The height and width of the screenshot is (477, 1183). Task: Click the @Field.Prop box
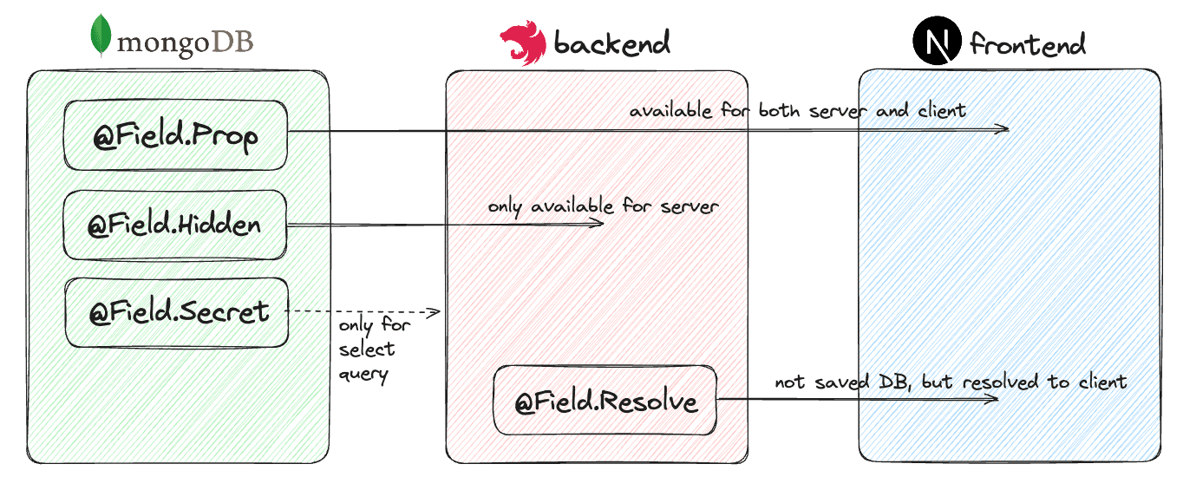point(175,135)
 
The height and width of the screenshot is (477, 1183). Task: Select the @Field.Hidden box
point(175,225)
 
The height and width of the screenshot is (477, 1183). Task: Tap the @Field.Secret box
point(178,311)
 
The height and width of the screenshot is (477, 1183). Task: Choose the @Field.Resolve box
point(605,401)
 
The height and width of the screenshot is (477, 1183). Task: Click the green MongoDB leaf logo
point(103,36)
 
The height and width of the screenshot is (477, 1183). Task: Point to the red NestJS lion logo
point(522,43)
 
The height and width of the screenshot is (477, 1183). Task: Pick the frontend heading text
point(1028,43)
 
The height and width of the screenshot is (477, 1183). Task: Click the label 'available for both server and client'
point(797,111)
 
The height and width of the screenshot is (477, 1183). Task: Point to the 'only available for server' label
point(603,206)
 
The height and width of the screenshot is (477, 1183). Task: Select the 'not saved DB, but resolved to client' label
point(951,382)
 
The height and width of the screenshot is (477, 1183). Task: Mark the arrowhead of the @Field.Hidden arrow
point(598,224)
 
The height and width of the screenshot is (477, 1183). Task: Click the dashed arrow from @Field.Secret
point(364,311)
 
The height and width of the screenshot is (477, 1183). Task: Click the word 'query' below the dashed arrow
point(363,374)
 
